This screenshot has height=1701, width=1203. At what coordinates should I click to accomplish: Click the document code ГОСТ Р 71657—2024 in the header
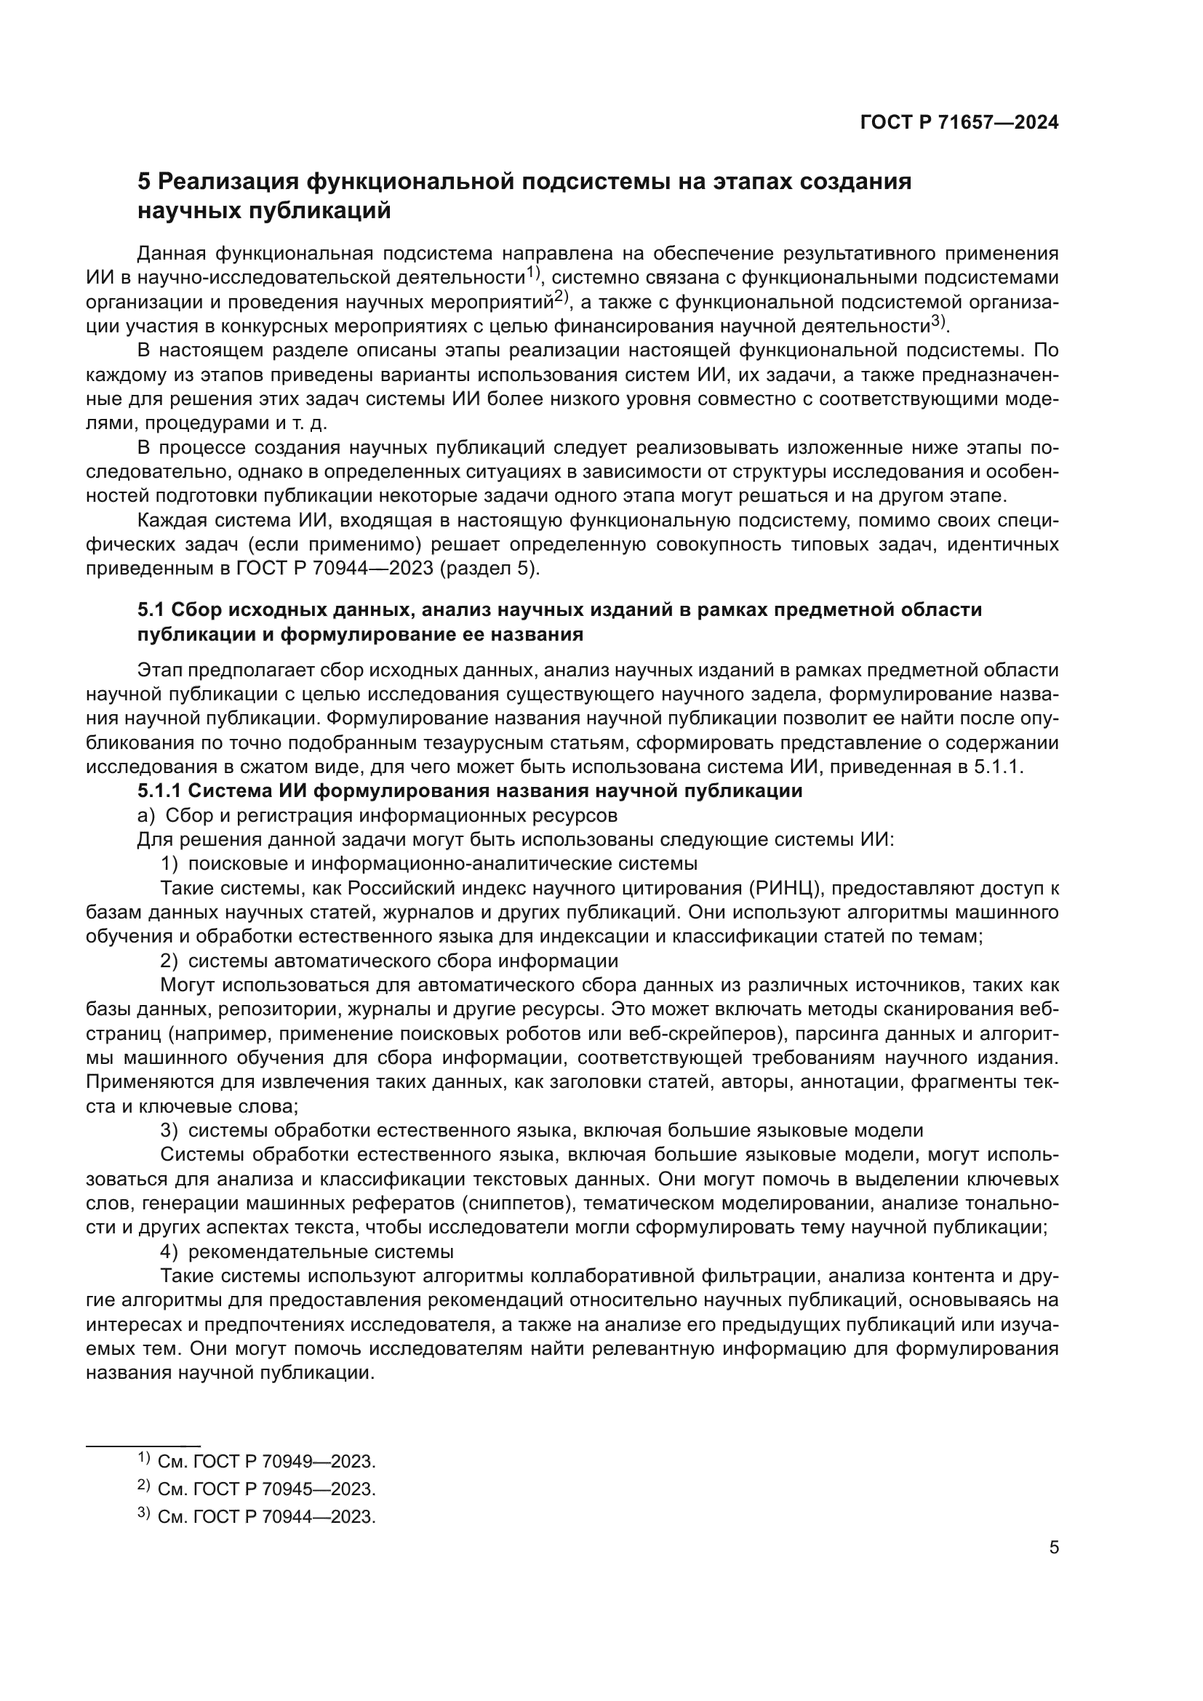click(959, 123)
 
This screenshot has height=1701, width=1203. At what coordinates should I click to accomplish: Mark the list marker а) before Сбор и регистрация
click(146, 816)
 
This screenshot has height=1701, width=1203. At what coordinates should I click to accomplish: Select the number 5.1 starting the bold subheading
click(151, 609)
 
